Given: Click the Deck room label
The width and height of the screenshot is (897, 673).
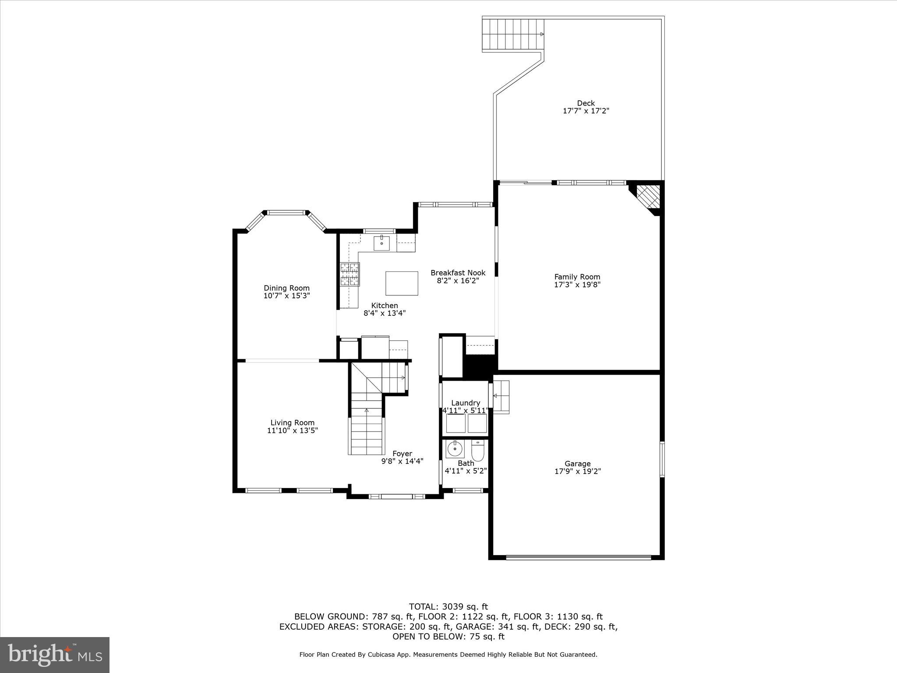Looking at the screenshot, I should [x=586, y=103].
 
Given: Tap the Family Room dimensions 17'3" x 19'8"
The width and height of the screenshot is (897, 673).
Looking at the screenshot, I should [x=577, y=284].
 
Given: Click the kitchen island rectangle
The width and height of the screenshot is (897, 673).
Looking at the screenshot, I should [x=402, y=283].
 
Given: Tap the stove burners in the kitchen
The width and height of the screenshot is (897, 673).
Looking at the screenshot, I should [x=350, y=274].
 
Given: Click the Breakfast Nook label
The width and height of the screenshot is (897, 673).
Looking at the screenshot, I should [x=458, y=273].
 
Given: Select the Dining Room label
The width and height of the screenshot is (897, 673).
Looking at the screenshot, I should [x=286, y=288].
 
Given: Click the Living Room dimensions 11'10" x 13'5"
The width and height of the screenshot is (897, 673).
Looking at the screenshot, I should [x=292, y=430].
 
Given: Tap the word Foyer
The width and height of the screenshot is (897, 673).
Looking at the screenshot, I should [x=402, y=453].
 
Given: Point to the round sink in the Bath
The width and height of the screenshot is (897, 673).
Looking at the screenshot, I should [x=455, y=448].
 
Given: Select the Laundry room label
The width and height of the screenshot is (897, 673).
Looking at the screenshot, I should [x=465, y=403].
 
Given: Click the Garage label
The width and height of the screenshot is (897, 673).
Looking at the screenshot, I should [x=577, y=464].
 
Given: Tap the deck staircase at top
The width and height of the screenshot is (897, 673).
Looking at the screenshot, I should [x=513, y=35].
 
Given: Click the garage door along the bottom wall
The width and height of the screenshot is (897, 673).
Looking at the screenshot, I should [x=578, y=557].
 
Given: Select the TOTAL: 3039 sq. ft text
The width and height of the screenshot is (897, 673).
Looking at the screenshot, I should [x=448, y=607].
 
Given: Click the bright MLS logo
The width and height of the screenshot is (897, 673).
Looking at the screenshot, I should [x=55, y=655].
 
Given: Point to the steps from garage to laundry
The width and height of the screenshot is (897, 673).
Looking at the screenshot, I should [x=501, y=396].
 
